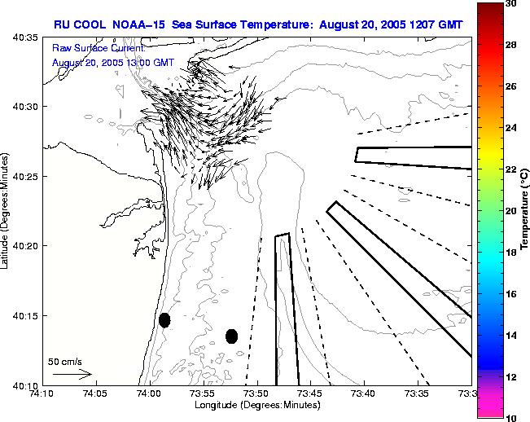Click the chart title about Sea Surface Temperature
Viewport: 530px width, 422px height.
(x=258, y=24)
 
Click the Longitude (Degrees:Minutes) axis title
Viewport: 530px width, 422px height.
(x=256, y=405)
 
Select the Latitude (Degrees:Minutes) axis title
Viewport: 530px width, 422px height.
(x=7, y=210)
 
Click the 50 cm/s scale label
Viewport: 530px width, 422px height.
(x=64, y=361)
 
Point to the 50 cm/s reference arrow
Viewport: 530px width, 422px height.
(x=72, y=374)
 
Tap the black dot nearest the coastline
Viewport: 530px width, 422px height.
(x=164, y=320)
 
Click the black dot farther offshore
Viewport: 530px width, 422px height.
(x=231, y=336)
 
